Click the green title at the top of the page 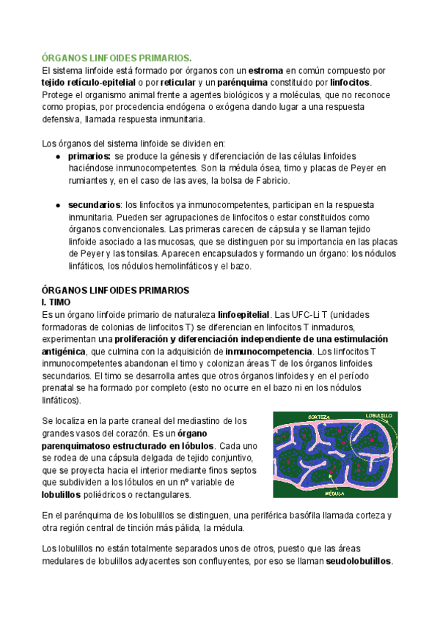(117, 58)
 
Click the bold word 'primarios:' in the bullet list (89, 157)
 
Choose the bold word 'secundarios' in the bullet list (95, 206)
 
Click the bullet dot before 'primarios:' (58, 157)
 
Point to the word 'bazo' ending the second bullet (240, 267)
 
